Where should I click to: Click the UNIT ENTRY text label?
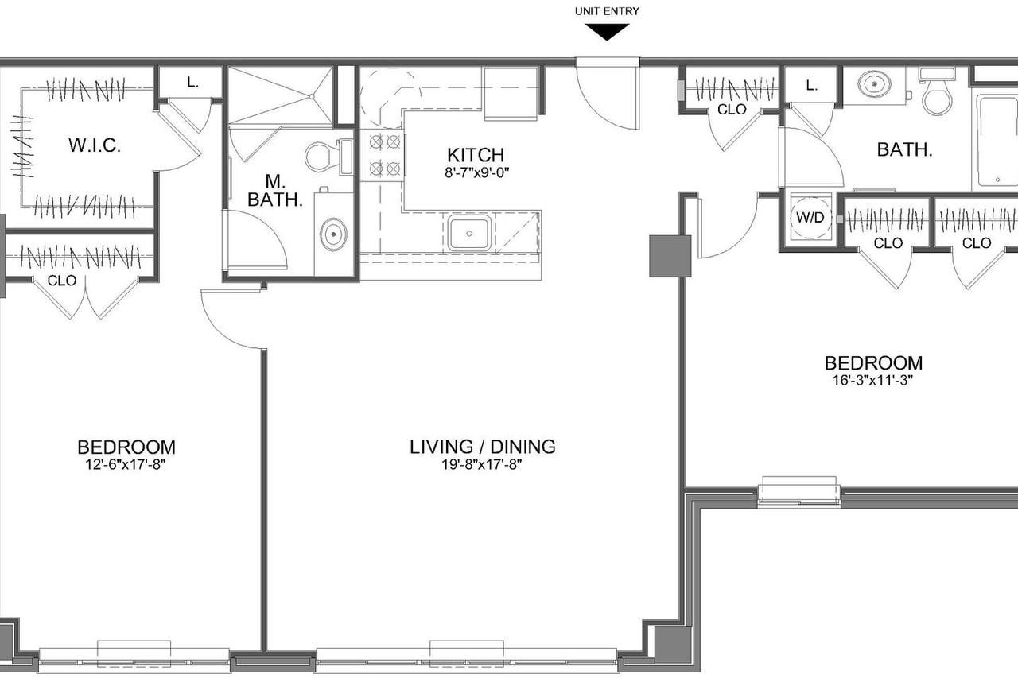pos(607,11)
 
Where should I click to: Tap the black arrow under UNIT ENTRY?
pos(607,32)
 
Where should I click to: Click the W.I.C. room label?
pos(95,145)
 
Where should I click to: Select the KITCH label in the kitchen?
pos(476,155)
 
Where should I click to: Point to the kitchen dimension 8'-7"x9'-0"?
pos(476,172)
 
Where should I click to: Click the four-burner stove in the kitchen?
pos(384,156)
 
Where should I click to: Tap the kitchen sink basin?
pos(469,233)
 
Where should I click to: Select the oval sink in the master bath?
pos(333,234)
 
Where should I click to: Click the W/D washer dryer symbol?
pos(810,218)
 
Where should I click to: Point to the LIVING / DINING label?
pos(483,447)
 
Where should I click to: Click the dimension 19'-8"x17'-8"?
pos(482,464)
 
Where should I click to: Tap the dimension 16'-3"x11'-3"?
pos(873,381)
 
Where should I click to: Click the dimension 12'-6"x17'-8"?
pos(126,465)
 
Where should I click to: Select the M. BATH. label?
pos(275,191)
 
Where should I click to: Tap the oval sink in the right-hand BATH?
pos(873,84)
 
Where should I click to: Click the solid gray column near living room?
pos(670,256)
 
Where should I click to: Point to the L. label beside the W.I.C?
pos(192,82)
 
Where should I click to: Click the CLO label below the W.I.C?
pos(62,281)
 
